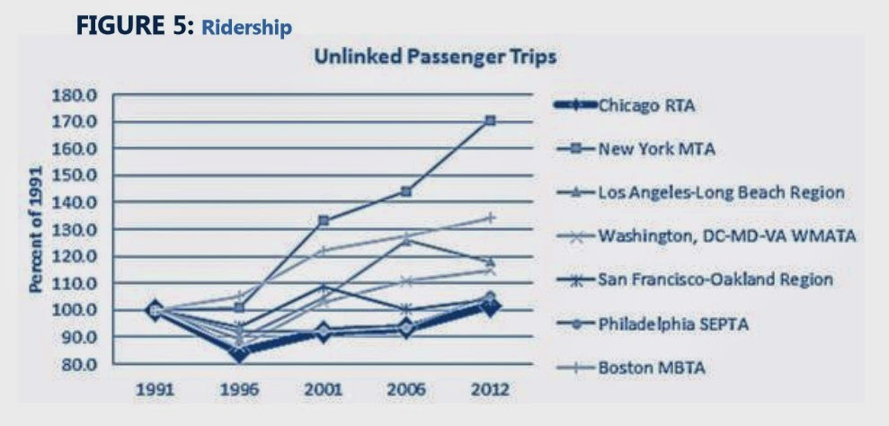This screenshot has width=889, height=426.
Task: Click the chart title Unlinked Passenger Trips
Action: click(435, 58)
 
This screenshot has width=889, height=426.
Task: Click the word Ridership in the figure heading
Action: click(246, 28)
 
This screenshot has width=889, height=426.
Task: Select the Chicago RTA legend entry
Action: click(624, 105)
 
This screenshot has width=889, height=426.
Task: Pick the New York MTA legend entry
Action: click(635, 149)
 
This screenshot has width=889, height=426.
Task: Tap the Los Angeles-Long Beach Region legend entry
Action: click(699, 192)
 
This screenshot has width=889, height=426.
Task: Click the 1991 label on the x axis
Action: click(154, 390)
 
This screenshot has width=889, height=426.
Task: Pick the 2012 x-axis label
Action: click(491, 390)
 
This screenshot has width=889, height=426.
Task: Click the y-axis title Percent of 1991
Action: click(36, 230)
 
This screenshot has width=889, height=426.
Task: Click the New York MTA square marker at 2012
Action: click(491, 120)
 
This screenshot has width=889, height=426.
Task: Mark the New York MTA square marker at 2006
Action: click(406, 191)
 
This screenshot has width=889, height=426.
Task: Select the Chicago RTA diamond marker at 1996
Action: click(239, 354)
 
